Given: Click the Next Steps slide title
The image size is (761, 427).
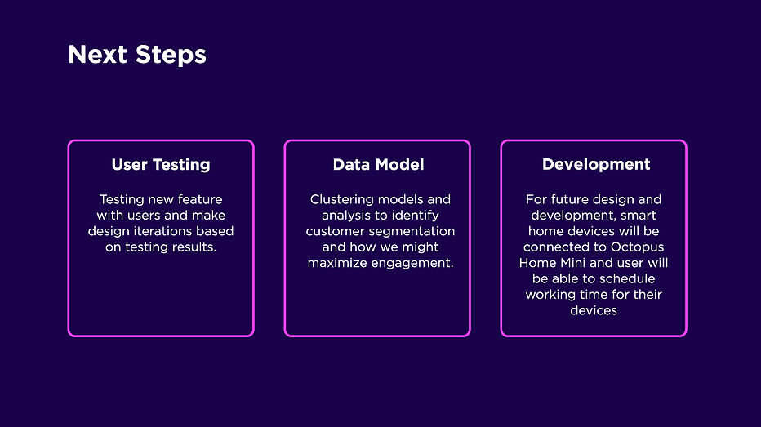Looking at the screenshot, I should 137,55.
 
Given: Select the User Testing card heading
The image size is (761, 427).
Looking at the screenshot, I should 161,164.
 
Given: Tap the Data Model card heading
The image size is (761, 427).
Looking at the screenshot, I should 378,164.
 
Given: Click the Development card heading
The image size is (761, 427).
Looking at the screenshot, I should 596,164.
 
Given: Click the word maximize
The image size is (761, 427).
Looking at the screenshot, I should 337,263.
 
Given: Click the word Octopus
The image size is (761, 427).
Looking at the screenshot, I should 636,247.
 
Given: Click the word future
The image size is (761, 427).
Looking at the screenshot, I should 572,199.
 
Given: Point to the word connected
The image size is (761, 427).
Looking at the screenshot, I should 552,247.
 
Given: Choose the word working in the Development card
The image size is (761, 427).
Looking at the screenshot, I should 552,295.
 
